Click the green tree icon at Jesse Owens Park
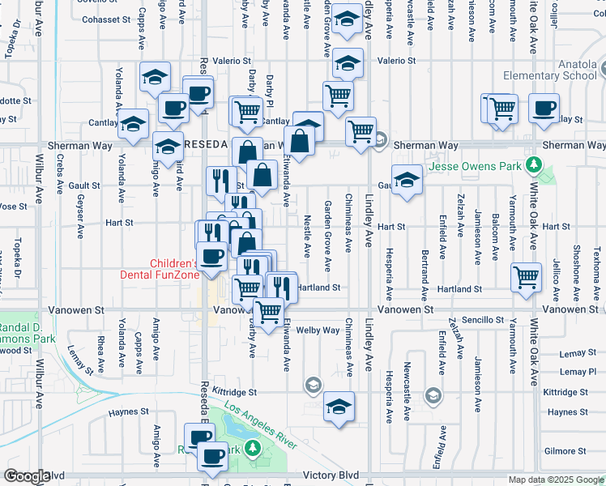pyautogui.click(x=532, y=166)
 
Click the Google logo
pyautogui.click(x=27, y=476)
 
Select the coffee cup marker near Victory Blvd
pyautogui.click(x=212, y=457)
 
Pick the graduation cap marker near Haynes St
pyautogui.click(x=339, y=406)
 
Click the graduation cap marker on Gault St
pyautogui.click(x=407, y=179)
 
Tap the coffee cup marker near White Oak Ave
pyautogui.click(x=544, y=107)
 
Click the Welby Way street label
pyautogui.click(x=318, y=330)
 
